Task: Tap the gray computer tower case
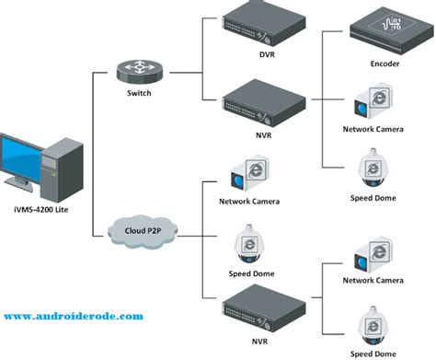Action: [x=62, y=169]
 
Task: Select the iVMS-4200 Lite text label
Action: [x=41, y=210]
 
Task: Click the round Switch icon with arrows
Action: [x=140, y=72]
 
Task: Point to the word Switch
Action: [x=139, y=93]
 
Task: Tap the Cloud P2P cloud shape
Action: [x=143, y=232]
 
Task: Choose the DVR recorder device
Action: [x=264, y=24]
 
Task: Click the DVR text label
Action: [x=267, y=54]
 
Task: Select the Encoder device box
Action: [x=392, y=31]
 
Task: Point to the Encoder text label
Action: [x=384, y=64]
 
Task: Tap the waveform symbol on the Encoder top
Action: [x=391, y=24]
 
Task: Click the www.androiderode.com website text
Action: [x=74, y=316]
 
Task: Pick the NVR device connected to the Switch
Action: [x=264, y=103]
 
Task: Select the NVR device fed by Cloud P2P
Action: [x=264, y=308]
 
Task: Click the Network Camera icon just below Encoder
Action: [x=373, y=101]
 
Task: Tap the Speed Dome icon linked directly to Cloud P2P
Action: [x=249, y=244]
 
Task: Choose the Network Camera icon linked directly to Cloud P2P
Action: [x=250, y=173]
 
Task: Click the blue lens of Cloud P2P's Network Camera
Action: [x=238, y=180]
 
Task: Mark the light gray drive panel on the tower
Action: [x=49, y=162]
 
